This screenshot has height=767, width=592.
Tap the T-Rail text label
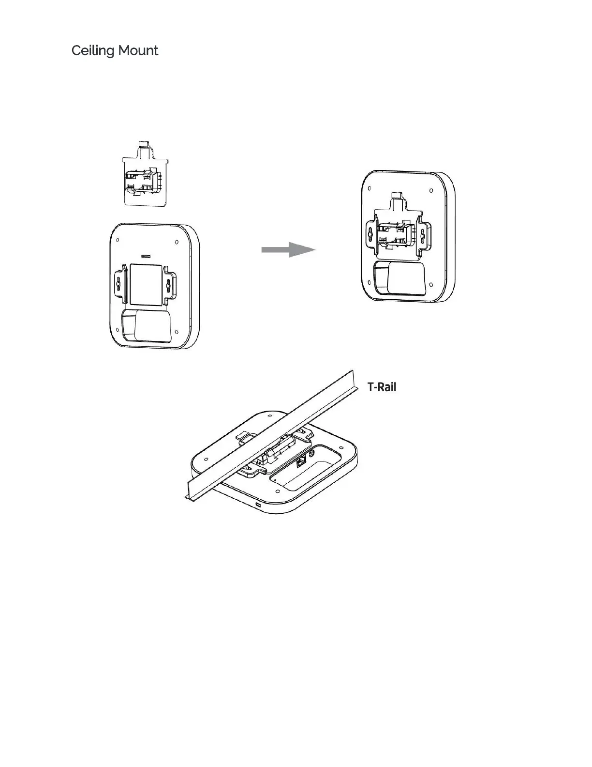[x=382, y=387]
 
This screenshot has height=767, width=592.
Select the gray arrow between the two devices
[x=288, y=250]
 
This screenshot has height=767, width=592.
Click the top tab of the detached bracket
[x=143, y=145]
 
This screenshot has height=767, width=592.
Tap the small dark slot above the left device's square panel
[x=145, y=255]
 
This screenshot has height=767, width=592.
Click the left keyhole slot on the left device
[x=118, y=286]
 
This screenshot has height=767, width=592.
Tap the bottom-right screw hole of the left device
[x=176, y=333]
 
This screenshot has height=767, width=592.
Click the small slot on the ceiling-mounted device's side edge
[x=258, y=505]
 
